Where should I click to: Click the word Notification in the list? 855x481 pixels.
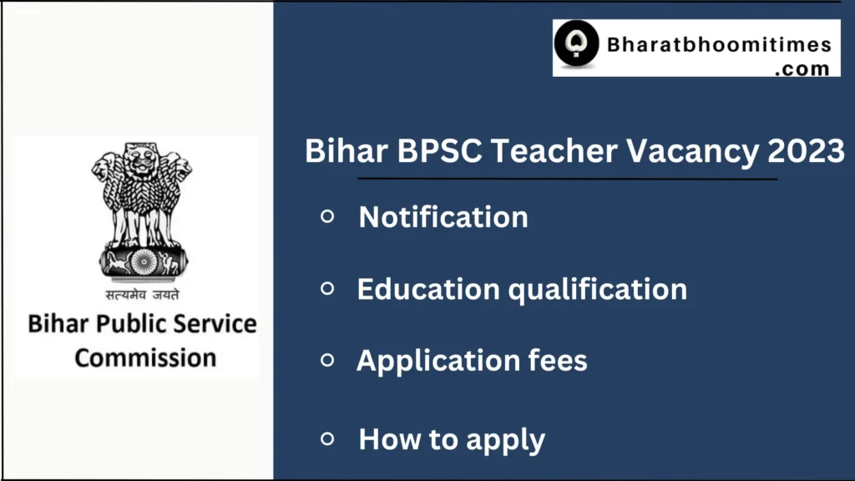tap(443, 217)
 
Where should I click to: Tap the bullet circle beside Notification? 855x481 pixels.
tap(327, 216)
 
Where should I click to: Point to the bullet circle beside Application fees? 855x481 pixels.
tap(327, 360)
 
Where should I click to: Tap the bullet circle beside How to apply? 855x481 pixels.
tap(327, 438)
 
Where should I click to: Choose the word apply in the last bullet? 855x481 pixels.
tap(506, 440)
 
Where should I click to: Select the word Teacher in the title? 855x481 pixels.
tap(554, 153)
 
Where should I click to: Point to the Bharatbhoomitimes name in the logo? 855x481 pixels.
tap(718, 43)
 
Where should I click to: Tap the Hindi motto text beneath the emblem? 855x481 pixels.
tap(142, 293)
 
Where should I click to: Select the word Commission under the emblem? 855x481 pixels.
tap(145, 357)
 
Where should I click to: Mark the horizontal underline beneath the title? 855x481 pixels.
tap(568, 179)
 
